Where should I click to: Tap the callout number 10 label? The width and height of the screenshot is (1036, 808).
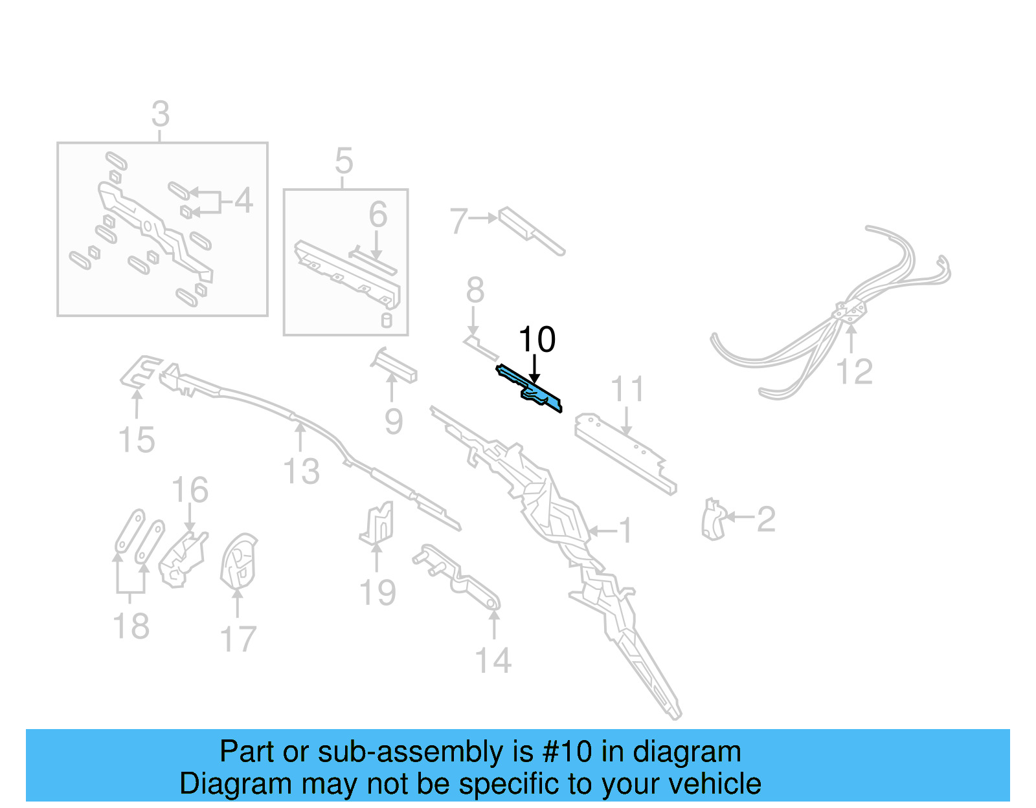click(537, 340)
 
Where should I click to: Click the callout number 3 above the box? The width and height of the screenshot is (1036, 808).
click(161, 115)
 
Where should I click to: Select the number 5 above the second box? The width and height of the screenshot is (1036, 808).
click(344, 161)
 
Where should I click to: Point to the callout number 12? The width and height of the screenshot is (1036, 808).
click(854, 372)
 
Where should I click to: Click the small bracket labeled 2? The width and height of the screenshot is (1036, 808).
click(713, 519)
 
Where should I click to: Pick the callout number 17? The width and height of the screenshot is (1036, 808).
click(238, 639)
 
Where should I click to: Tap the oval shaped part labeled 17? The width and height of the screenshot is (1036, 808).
click(238, 562)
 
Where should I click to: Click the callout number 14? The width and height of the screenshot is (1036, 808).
click(493, 661)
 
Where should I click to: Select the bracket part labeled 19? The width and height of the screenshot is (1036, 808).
click(378, 523)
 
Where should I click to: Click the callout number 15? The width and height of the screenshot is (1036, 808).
click(137, 440)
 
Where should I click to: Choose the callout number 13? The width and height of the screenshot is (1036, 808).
click(302, 471)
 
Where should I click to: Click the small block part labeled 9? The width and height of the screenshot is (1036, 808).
click(395, 366)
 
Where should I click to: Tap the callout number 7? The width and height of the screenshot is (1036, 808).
click(458, 221)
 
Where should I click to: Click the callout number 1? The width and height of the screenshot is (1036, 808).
click(625, 530)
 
